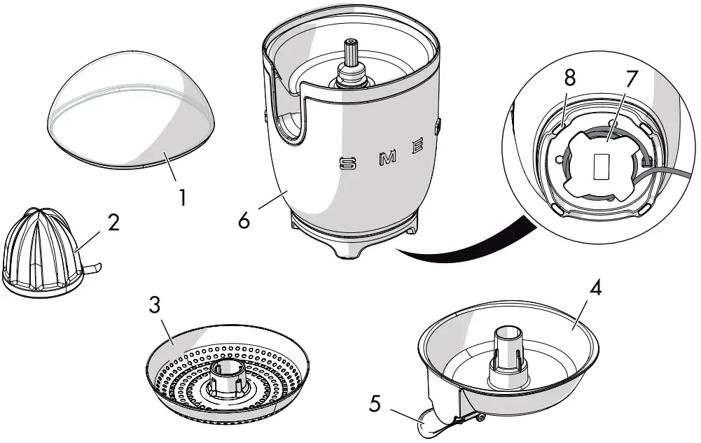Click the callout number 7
(632, 78)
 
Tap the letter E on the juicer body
(419, 148)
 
